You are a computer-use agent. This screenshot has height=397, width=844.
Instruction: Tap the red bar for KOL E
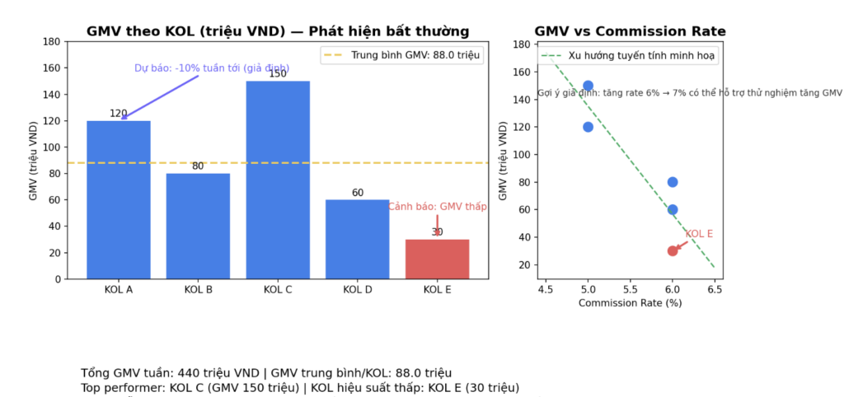(x=437, y=259)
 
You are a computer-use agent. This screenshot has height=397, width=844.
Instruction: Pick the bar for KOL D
(x=358, y=239)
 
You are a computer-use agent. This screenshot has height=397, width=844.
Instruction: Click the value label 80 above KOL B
(x=198, y=166)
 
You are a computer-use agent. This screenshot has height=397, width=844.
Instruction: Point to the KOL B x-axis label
(x=198, y=290)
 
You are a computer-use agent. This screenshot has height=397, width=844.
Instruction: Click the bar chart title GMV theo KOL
(x=278, y=31)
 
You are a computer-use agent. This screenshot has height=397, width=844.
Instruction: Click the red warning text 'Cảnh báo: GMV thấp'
(x=438, y=207)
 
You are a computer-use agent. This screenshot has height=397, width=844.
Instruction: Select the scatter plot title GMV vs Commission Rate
(x=630, y=31)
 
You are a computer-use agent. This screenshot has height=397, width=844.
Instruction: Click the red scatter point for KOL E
(x=673, y=250)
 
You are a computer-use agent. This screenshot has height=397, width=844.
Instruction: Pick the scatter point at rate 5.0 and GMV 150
(x=588, y=86)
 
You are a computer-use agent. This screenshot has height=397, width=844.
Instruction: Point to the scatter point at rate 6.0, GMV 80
(x=673, y=182)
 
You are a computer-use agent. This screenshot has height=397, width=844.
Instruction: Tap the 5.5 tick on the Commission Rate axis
(x=630, y=290)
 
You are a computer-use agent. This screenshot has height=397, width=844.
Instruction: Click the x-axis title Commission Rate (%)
(x=630, y=303)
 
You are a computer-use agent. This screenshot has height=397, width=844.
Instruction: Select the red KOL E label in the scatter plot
(x=699, y=234)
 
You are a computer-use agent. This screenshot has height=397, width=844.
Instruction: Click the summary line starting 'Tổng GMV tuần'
(x=266, y=373)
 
